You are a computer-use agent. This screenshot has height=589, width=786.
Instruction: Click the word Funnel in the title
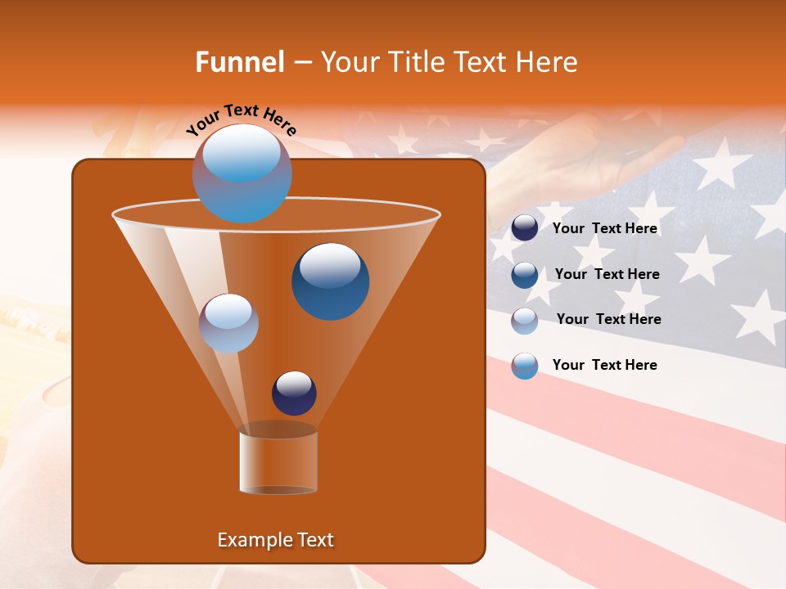[240, 62]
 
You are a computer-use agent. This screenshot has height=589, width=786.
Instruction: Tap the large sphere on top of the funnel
[242, 173]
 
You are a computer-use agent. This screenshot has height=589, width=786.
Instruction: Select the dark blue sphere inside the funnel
[330, 281]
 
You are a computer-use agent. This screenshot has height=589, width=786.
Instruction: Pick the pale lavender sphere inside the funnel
[228, 323]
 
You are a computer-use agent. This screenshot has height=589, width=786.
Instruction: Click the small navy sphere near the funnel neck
[294, 393]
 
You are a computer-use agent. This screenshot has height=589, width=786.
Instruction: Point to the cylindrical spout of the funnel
[278, 462]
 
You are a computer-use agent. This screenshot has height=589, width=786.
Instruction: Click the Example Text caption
[276, 540]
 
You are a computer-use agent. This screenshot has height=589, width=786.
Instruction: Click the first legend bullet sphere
[525, 228]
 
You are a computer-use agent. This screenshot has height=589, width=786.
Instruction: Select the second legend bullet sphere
[525, 275]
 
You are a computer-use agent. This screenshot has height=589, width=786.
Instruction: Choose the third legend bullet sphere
[525, 321]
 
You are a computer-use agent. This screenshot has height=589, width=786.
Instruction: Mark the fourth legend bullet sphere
[525, 366]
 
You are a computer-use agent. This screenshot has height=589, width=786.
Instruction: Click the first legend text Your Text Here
[604, 229]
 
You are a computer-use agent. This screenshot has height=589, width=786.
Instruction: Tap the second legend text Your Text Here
[607, 275]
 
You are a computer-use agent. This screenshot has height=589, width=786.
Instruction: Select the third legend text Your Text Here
[608, 320]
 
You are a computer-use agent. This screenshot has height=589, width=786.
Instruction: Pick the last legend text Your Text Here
[604, 365]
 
